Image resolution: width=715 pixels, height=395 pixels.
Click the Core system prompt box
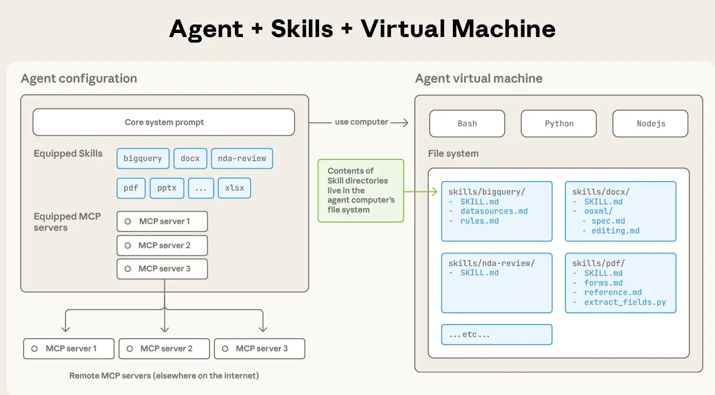coord(163,122)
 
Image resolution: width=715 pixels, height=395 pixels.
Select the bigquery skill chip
coord(143,158)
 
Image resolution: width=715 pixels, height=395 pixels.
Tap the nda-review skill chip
coord(242,158)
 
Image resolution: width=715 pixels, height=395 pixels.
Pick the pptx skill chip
coord(167,188)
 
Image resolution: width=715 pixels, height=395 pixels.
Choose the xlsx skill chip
coord(234,188)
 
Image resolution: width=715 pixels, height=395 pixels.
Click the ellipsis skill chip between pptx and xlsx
coord(201,188)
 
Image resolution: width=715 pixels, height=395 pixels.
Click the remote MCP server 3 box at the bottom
coord(259,349)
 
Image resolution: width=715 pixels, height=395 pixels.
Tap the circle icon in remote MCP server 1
coord(34,349)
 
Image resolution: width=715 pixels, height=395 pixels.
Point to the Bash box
coord(467,124)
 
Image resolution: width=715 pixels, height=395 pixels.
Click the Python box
coord(559,124)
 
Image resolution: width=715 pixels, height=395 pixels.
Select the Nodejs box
coord(650,124)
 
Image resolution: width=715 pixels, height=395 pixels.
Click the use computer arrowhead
coord(405,122)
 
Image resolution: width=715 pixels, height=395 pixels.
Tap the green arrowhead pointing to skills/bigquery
coord(434,192)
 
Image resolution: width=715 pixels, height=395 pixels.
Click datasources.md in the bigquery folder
coord(494,211)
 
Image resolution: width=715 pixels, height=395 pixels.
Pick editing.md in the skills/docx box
coord(615,231)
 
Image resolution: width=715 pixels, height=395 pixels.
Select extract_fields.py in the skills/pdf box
coord(625,302)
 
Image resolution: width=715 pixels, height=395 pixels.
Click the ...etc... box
coord(497,334)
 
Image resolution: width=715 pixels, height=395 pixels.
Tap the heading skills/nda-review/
coord(491,263)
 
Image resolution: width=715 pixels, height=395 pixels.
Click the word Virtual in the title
coord(402,29)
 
